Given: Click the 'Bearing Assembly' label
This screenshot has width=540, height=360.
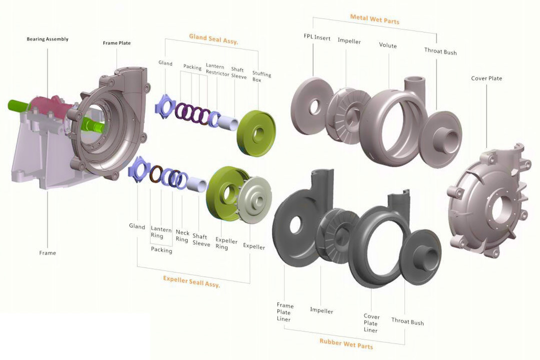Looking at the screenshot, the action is pyautogui.click(x=47, y=39).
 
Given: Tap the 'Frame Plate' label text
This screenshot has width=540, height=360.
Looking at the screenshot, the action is pyautogui.click(x=116, y=43).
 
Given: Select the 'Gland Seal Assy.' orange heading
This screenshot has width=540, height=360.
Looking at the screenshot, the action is pyautogui.click(x=213, y=39).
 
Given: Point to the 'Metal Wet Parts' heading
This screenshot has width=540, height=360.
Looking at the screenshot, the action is pyautogui.click(x=374, y=19).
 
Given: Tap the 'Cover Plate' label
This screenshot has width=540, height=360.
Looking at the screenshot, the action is pyautogui.click(x=486, y=78).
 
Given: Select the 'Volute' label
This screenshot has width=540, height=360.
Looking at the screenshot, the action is pyautogui.click(x=388, y=45).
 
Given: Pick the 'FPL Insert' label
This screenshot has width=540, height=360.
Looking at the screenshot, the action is pyautogui.click(x=317, y=37).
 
